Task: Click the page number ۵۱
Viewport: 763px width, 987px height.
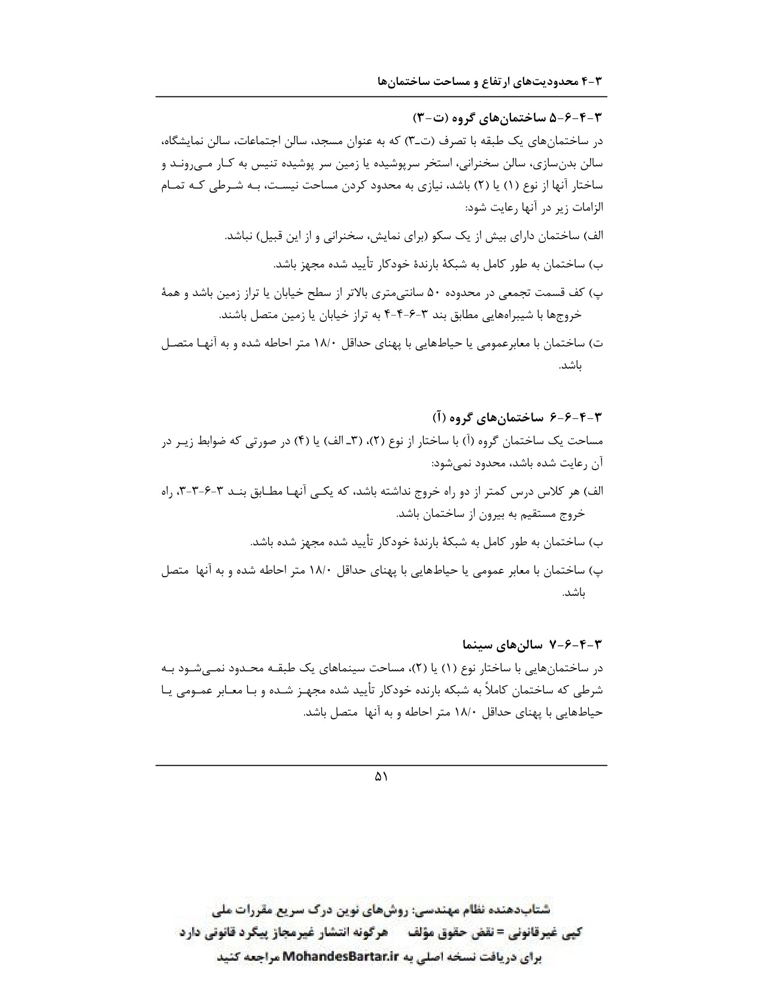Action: (381, 777)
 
